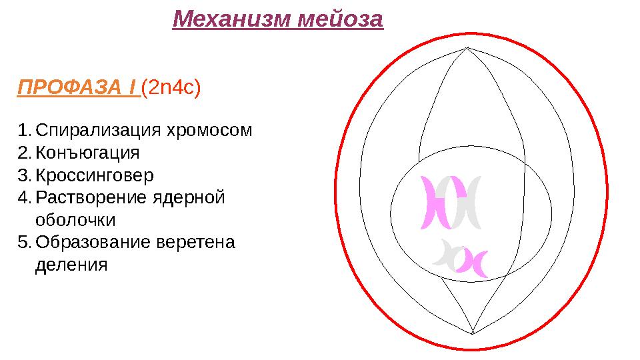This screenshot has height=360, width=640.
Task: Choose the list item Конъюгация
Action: pos(87,153)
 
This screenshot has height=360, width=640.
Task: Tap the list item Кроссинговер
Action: pos(94,175)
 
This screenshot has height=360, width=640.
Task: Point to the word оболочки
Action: pos(75,221)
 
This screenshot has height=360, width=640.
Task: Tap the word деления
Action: pos(70,265)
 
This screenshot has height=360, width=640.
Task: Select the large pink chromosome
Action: pos(437,201)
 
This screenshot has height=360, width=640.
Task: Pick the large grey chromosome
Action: pos(467,201)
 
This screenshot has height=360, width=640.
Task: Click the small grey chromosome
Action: pos(445,254)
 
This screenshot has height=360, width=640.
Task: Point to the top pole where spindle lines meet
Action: pos(468,48)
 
